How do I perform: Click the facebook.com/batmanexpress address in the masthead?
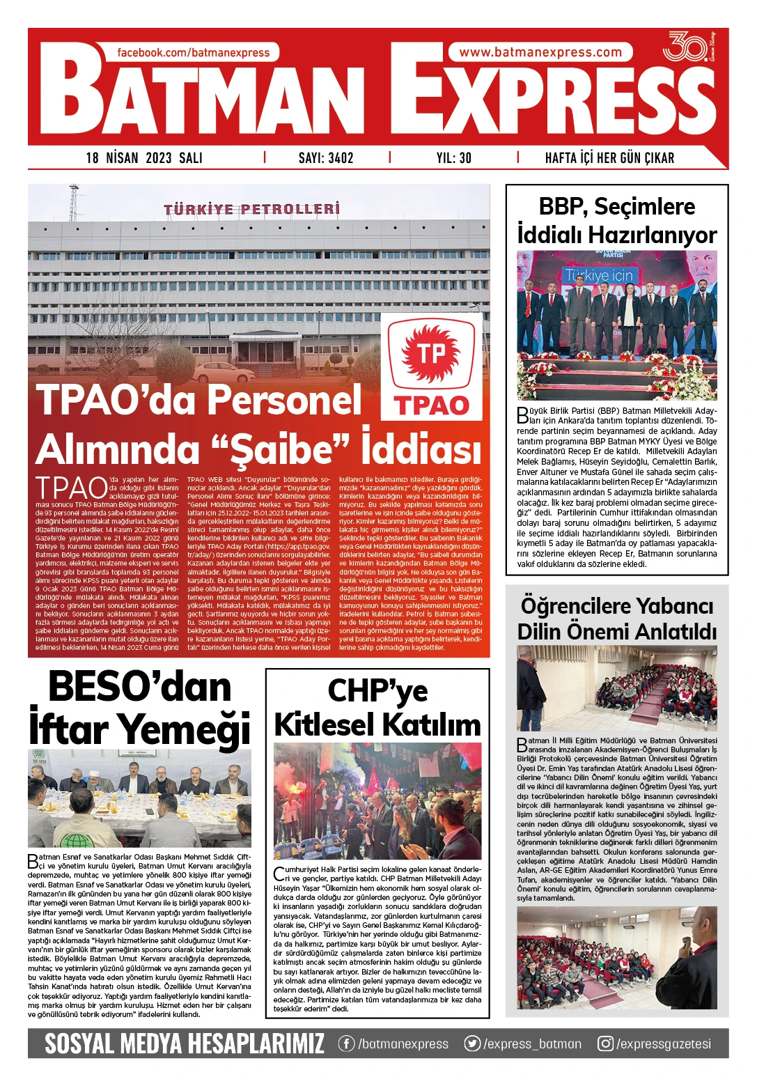pyautogui.click(x=193, y=53)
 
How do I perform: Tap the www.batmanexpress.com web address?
pyautogui.click(x=540, y=52)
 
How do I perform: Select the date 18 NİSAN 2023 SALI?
pyautogui.click(x=144, y=158)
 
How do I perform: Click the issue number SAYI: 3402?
pyautogui.click(x=326, y=158)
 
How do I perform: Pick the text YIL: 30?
pyautogui.click(x=454, y=158)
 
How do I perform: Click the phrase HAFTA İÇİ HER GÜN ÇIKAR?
pyautogui.click(x=609, y=158)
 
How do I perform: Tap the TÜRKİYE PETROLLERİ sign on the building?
pyautogui.click(x=252, y=209)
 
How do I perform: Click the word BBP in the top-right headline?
pyautogui.click(x=561, y=207)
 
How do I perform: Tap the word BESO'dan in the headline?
pyautogui.click(x=140, y=688)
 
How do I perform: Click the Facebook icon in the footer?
pyautogui.click(x=346, y=1044)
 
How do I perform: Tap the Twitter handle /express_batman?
pyautogui.click(x=532, y=1044)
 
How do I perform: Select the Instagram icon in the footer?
pyautogui.click(x=606, y=1044)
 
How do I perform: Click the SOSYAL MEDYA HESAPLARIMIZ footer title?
pyautogui.click(x=185, y=1044)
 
